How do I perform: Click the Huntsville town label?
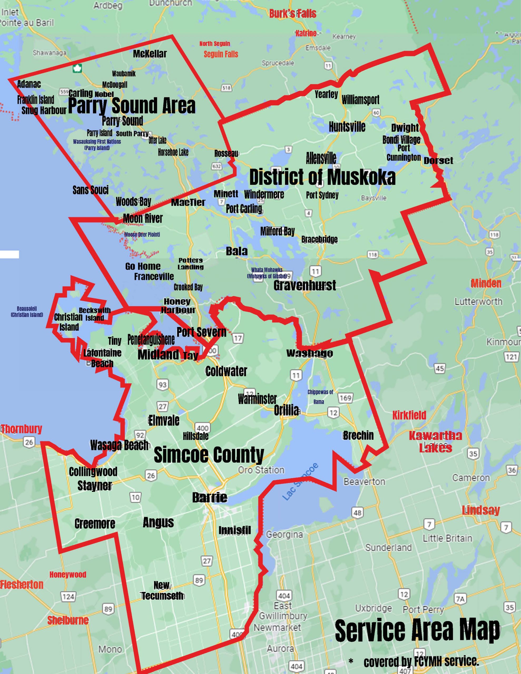pyautogui.click(x=347, y=127)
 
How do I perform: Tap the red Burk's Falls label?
pyautogui.click(x=292, y=14)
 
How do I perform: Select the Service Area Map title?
pyautogui.click(x=417, y=629)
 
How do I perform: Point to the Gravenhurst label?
pyautogui.click(x=304, y=285)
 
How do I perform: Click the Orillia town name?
pyautogui.click(x=286, y=410)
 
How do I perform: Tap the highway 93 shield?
pyautogui.click(x=163, y=385)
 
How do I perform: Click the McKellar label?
pyautogui.click(x=150, y=54)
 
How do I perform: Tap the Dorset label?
pyautogui.click(x=438, y=161)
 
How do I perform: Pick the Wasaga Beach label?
pyautogui.click(x=119, y=445)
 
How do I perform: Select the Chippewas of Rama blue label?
pyautogui.click(x=320, y=397)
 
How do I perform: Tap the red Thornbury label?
pyautogui.click(x=21, y=429)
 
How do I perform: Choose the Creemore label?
pyautogui.click(x=95, y=523)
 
